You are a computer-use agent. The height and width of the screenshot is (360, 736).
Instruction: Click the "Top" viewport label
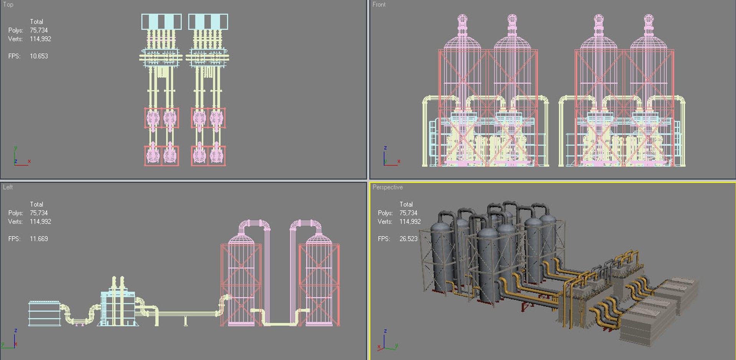[x=8, y=5]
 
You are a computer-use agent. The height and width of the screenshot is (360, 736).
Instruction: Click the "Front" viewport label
[x=379, y=5]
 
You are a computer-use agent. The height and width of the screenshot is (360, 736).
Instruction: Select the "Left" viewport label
[x=8, y=187]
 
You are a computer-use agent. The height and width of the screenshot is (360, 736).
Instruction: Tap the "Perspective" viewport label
[x=388, y=187]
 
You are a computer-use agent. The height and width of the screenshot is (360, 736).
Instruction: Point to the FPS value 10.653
[x=39, y=56]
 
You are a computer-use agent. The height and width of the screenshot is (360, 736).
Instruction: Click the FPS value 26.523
[x=408, y=238]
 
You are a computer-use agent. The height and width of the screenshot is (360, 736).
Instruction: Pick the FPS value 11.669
[x=39, y=238]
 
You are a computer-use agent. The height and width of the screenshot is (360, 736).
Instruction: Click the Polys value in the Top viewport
[x=39, y=30]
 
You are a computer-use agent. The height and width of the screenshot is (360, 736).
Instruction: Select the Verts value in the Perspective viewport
[x=410, y=222]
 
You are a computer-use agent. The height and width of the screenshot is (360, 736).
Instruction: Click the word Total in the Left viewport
[x=36, y=204]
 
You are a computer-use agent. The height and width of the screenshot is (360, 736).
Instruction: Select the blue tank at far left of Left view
[x=44, y=313]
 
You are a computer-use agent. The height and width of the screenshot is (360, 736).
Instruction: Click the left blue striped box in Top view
[x=161, y=21]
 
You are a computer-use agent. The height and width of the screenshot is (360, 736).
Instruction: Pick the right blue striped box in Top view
[x=208, y=21]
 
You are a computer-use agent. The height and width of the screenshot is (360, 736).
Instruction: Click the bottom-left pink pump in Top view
[x=153, y=155]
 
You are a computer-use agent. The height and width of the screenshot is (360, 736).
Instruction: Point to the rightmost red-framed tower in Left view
[x=319, y=284]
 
